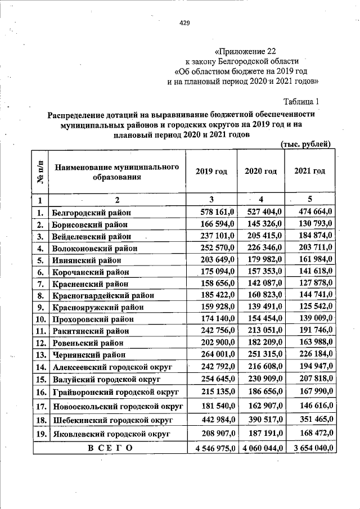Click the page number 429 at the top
(184, 23)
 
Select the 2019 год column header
(211, 171)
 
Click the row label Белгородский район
(91, 213)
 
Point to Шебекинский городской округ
(111, 420)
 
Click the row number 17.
(40, 406)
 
